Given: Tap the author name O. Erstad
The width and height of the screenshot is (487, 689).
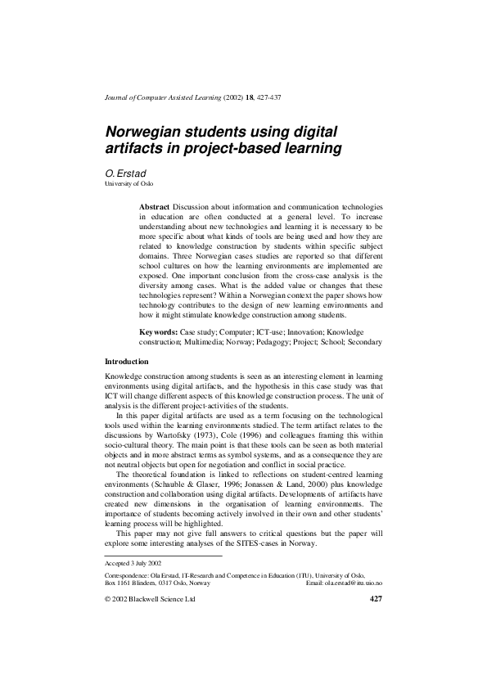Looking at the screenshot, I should [x=124, y=174].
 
